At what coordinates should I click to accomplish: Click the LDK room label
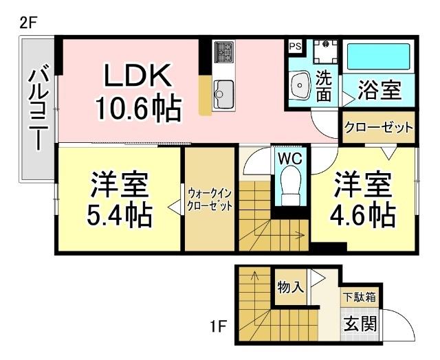click(135, 77)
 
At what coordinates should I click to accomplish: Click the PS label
click(295, 47)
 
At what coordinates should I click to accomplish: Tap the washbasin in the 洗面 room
click(300, 87)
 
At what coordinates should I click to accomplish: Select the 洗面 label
click(324, 86)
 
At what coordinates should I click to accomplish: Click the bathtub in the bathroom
click(378, 56)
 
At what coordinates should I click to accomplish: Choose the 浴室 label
click(379, 89)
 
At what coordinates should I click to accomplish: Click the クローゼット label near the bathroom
click(378, 128)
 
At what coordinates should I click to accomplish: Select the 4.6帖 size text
click(363, 215)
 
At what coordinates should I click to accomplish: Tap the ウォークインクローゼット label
click(210, 199)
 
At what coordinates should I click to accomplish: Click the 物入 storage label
click(290, 286)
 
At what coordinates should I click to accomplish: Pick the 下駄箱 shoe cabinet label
click(359, 298)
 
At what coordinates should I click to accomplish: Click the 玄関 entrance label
click(359, 322)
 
